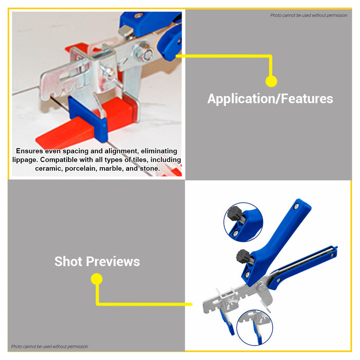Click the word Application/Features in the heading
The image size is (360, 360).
tap(270, 99)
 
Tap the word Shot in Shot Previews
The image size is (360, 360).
tap(68, 261)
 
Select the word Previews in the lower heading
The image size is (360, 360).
tap(113, 261)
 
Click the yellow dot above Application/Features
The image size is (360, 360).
tap(271, 81)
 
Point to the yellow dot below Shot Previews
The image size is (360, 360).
tap(97, 279)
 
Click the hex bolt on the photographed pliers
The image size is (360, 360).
tap(146, 53)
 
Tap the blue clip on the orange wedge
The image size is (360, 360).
tap(88, 118)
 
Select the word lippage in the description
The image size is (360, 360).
tap(25, 160)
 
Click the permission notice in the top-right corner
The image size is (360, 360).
tap(309, 15)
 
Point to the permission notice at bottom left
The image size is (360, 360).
tap(49, 347)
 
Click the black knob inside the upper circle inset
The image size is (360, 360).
tap(234, 213)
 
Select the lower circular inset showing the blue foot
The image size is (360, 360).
tap(255, 328)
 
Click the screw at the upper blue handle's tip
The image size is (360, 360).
tap(297, 207)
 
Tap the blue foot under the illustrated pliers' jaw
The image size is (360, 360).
tap(227, 321)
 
